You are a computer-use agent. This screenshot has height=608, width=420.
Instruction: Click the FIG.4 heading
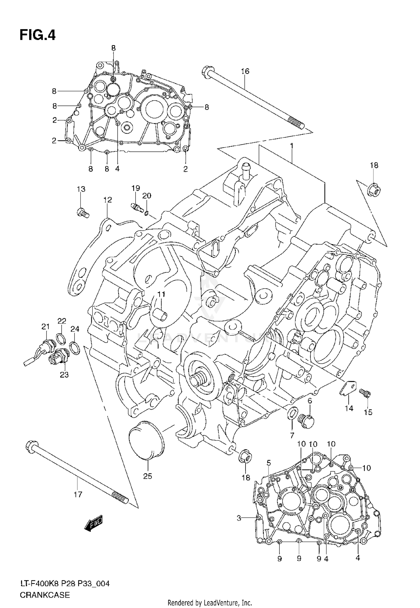tap(38, 36)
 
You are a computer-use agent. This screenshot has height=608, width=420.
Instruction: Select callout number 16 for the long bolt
tap(245, 71)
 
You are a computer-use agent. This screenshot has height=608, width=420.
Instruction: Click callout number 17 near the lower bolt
tap(78, 494)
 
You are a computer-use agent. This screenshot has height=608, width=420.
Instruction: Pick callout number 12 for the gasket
tap(108, 200)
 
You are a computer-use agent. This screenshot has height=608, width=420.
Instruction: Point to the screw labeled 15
tap(365, 394)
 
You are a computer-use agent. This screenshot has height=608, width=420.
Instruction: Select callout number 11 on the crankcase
tap(161, 294)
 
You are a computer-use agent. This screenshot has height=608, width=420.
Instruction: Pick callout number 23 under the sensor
tap(64, 375)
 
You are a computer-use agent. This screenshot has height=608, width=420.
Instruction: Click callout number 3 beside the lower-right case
tap(239, 518)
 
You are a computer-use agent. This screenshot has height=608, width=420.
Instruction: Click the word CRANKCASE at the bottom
tap(45, 600)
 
